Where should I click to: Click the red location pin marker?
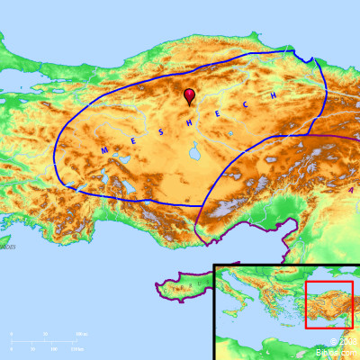[189, 94]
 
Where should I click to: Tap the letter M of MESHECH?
[104, 149]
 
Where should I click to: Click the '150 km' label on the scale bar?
[77, 348]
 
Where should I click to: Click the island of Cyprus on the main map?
[184, 288]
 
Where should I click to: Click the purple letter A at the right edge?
[352, 190]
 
